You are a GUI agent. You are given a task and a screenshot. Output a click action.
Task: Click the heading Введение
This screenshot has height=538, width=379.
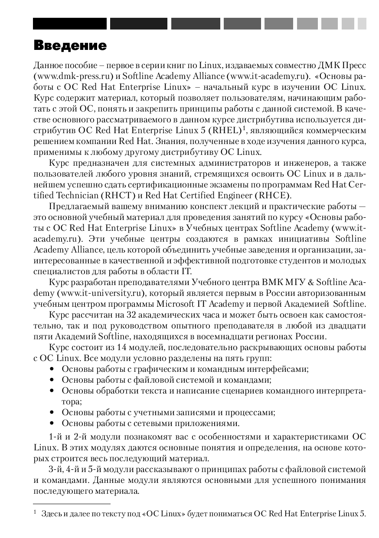(70, 46)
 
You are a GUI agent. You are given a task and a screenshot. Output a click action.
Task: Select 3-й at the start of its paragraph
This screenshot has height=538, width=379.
(56, 469)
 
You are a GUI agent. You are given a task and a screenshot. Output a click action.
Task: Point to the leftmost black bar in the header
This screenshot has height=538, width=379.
(70, 23)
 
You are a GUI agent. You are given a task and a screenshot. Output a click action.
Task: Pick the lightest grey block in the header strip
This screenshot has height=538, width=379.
(362, 23)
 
